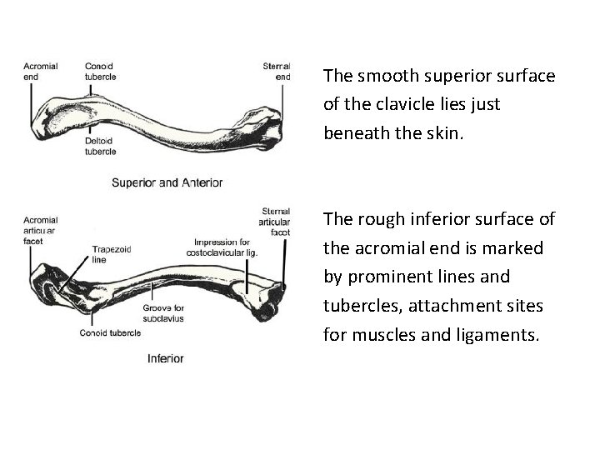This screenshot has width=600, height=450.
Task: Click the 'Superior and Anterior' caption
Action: tap(167, 182)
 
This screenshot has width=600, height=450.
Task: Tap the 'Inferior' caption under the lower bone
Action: tap(165, 358)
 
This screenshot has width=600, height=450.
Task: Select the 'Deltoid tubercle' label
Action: tap(101, 147)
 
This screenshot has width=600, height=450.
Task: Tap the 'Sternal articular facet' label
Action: tap(276, 222)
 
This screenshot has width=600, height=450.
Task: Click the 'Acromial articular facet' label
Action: tap(41, 229)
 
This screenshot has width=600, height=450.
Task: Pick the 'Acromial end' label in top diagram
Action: tap(40, 71)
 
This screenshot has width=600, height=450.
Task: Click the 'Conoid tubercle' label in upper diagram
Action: tap(101, 71)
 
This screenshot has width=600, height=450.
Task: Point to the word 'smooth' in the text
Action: tap(382, 77)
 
